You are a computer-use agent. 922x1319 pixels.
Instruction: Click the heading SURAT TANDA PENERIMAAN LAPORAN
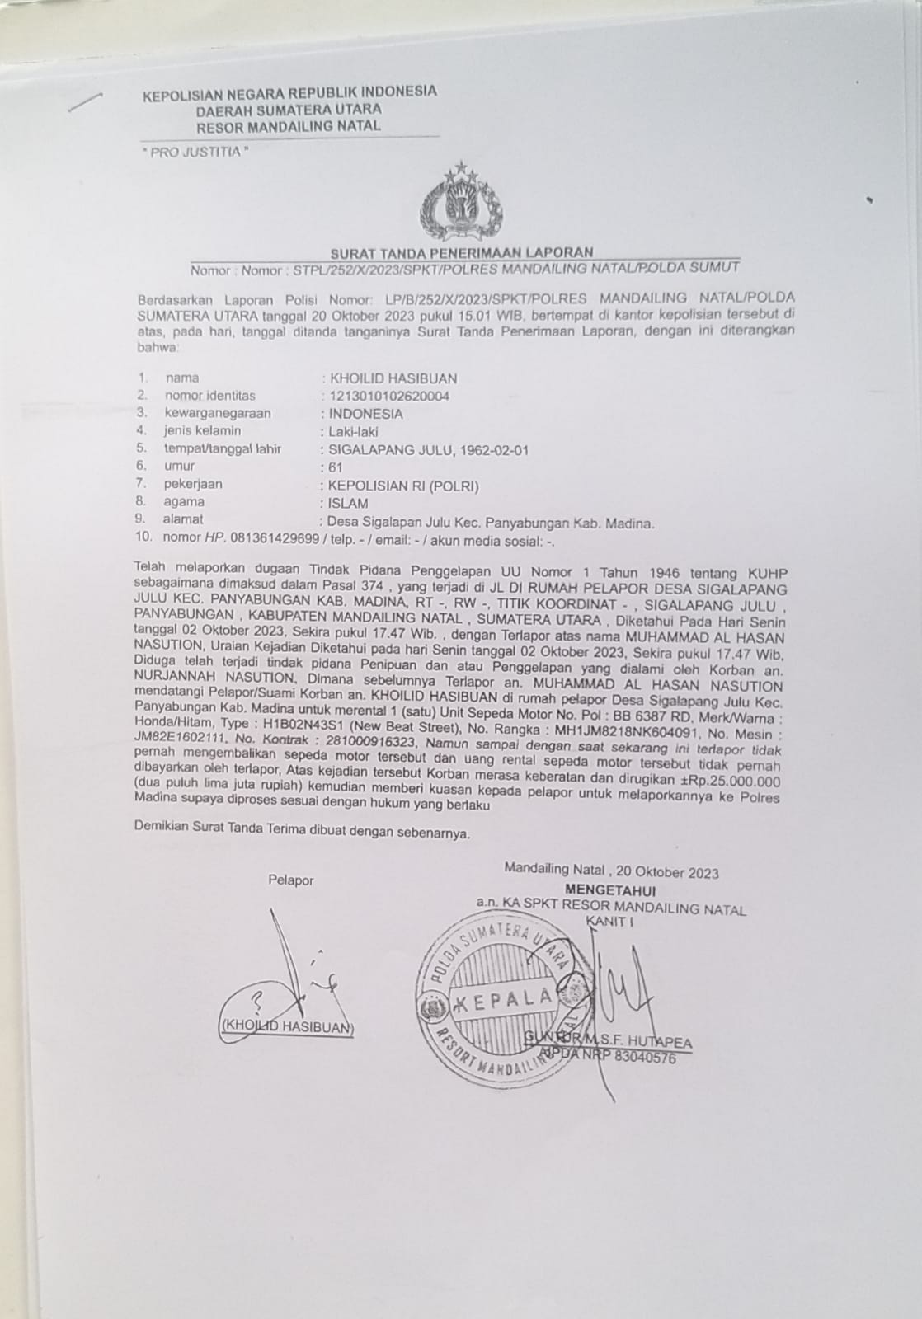[461, 252]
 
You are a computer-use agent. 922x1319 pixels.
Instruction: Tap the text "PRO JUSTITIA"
[195, 153]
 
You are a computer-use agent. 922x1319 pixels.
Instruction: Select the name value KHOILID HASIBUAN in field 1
[393, 379]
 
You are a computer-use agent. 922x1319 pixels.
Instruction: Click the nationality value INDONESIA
[365, 414]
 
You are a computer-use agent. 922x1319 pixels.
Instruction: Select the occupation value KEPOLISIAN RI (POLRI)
[403, 485]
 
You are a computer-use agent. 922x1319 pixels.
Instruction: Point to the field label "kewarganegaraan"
[217, 414]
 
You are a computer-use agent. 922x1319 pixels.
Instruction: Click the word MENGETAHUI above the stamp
[610, 890]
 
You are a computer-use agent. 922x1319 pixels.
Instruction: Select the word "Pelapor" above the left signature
[291, 880]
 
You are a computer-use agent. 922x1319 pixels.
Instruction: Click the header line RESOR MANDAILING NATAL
[289, 126]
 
